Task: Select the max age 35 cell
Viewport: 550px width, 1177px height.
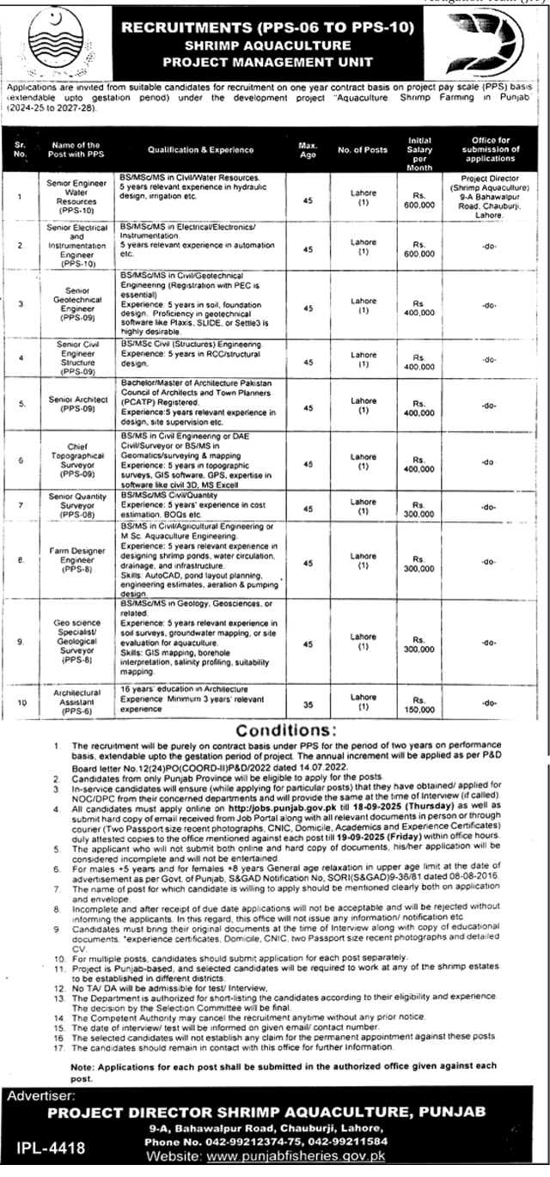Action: [308, 702]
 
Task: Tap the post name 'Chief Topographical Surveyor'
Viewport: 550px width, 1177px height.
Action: [76, 460]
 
